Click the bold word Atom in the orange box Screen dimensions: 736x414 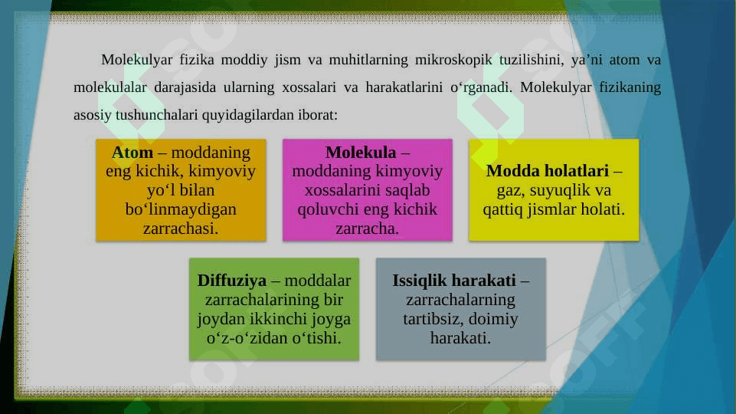pyautogui.click(x=132, y=153)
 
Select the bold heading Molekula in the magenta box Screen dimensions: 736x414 pyautogui.click(x=361, y=153)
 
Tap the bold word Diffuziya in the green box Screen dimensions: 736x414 pyautogui.click(x=232, y=281)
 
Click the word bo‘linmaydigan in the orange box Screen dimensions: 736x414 pyautogui.click(x=181, y=209)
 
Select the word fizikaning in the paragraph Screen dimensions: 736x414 pyautogui.click(x=630, y=87)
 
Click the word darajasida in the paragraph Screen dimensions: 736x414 pyautogui.click(x=185, y=87)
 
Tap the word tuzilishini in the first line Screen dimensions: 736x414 pyautogui.click(x=532, y=60)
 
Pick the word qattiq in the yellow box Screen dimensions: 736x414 pyautogui.click(x=502, y=209)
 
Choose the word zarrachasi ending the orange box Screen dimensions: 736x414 pyautogui.click(x=181, y=228)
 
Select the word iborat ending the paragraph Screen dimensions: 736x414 pyautogui.click(x=318, y=115)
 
